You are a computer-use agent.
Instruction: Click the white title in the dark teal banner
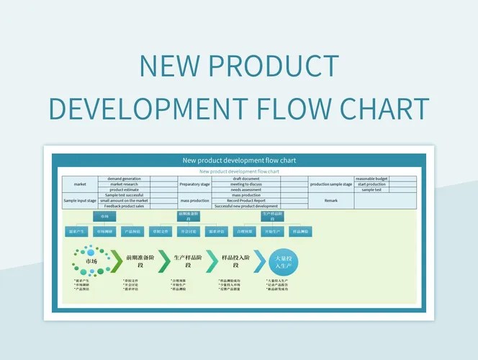pos(239,160)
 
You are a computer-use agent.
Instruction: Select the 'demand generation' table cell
pos(125,179)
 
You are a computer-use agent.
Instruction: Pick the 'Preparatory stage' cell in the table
pos(194,184)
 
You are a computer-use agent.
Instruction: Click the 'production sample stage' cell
pos(331,184)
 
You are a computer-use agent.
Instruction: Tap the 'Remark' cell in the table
pos(331,201)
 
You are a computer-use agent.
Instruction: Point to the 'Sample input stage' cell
pos(79,201)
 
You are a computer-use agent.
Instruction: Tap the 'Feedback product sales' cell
pos(125,207)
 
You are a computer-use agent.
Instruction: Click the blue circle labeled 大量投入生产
pos(282,261)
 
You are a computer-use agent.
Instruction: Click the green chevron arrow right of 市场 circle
pos(115,261)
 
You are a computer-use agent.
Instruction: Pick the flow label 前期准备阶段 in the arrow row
pos(140,261)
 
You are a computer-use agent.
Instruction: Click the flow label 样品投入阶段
pos(235,261)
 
